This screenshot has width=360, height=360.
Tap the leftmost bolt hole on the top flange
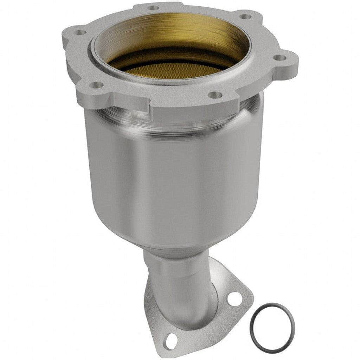(x=81, y=32)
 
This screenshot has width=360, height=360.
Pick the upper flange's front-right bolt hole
(x=215, y=94)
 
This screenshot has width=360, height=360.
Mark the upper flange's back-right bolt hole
(x=246, y=16)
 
